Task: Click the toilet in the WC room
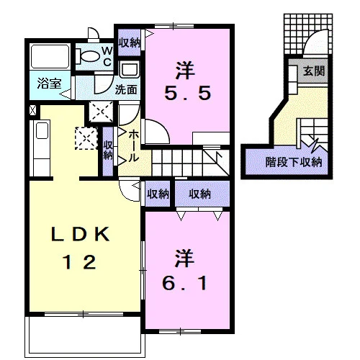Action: click(x=88, y=57)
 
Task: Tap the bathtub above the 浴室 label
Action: click(x=50, y=57)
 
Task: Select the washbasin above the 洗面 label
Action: click(x=130, y=69)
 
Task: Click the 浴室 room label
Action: click(x=50, y=84)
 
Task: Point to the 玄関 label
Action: click(x=314, y=71)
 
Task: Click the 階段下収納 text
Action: click(x=294, y=162)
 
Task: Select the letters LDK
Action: click(x=81, y=234)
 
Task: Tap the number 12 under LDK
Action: click(x=79, y=262)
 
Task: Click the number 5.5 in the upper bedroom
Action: click(x=188, y=93)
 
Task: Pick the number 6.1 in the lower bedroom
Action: click(x=184, y=283)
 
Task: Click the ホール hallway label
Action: click(x=133, y=146)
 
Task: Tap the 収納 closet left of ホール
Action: click(x=108, y=150)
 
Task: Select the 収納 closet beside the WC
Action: click(x=130, y=42)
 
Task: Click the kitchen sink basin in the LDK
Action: click(x=42, y=130)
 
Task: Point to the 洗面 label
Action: click(x=126, y=90)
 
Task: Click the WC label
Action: click(x=107, y=57)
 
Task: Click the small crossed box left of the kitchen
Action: click(x=33, y=110)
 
